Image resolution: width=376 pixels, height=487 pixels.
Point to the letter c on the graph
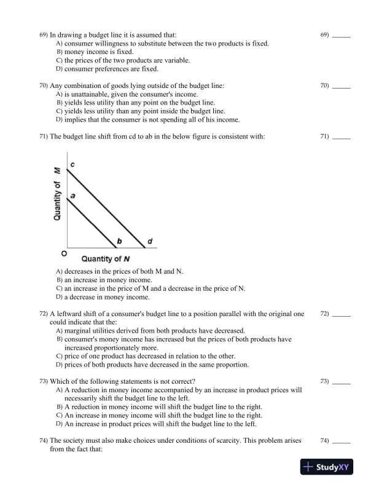pos(72,165)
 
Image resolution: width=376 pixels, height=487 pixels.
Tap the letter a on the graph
pos(72,194)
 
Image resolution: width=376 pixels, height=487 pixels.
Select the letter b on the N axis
pos(119,241)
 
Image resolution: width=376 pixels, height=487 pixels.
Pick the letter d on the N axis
pos(150,241)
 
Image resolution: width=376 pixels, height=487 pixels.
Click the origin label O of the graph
pos(63,253)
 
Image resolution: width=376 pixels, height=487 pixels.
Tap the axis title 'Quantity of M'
pos(58,194)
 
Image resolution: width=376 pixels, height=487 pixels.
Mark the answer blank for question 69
pos(341,36)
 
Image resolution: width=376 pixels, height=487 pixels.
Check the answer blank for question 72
pos(341,314)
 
